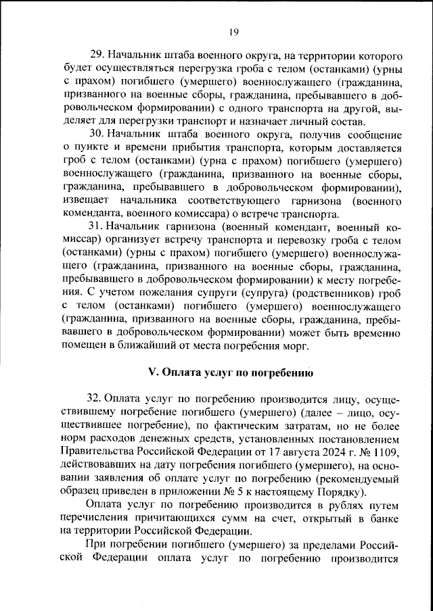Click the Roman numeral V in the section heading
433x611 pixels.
coord(152,372)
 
